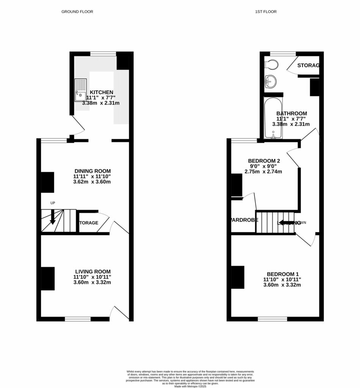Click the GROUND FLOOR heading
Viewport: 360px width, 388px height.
point(77,12)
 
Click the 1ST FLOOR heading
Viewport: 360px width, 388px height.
point(266,12)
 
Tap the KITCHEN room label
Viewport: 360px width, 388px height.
point(101,92)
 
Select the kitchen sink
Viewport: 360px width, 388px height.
point(81,90)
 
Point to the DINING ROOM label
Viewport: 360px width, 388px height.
point(93,171)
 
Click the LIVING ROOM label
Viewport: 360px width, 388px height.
point(93,271)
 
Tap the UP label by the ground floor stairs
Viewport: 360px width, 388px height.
point(53,203)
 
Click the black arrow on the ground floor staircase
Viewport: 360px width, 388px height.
point(53,217)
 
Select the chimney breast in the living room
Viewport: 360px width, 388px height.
point(47,278)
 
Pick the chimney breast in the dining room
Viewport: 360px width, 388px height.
point(47,182)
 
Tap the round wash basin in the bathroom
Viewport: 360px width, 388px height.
point(270,81)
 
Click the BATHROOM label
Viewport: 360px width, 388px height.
point(291,113)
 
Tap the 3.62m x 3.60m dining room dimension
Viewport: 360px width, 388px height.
point(93,182)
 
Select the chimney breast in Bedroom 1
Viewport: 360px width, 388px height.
point(237,277)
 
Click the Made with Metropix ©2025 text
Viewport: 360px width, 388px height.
point(190,386)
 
